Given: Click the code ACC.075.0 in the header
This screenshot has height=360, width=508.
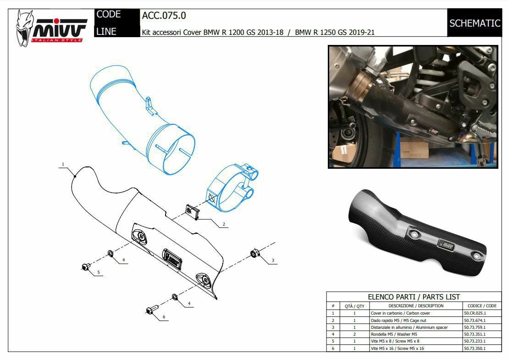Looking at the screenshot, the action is pyautogui.click(x=164, y=16).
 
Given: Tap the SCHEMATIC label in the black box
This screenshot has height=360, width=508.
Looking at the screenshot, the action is pyautogui.click(x=475, y=23).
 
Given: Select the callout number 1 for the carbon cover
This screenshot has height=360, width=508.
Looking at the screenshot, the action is pyautogui.click(x=63, y=164).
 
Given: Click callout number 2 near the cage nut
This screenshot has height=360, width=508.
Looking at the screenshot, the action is pyautogui.click(x=224, y=224).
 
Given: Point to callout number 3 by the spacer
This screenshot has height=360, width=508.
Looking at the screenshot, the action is pyautogui.click(x=273, y=260).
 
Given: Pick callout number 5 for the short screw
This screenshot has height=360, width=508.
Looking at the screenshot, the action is pyautogui.click(x=99, y=272).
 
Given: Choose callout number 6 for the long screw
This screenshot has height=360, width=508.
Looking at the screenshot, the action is pyautogui.click(x=164, y=316).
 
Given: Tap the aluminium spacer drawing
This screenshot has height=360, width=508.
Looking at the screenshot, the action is pyautogui.click(x=254, y=253).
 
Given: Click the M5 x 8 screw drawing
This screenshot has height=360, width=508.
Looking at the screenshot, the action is pyautogui.click(x=86, y=267).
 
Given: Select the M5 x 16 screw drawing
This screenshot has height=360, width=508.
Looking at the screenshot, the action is pyautogui.click(x=151, y=310).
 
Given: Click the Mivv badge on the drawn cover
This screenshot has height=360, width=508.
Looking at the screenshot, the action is pyautogui.click(x=172, y=258).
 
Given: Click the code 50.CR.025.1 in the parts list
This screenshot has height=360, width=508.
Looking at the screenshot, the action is pyautogui.click(x=475, y=313).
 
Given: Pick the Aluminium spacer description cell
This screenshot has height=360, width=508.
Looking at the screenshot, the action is pyautogui.click(x=409, y=327).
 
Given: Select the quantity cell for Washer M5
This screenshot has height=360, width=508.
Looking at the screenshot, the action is pyautogui.click(x=354, y=334).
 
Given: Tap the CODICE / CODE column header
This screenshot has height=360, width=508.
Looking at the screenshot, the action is pyautogui.click(x=482, y=305).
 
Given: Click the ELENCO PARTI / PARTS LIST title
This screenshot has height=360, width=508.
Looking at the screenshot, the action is pyautogui.click(x=414, y=297).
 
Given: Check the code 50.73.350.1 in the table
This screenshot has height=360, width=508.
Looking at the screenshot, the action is pyautogui.click(x=475, y=349).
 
